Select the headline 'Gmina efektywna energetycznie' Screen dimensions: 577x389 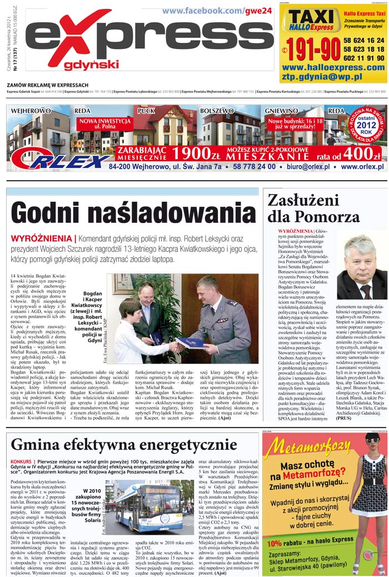tap(124, 445)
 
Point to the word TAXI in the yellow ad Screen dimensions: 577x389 tap(311, 17)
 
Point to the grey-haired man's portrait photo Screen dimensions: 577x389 tap(362, 267)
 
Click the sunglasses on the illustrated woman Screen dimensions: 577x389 tap(372, 440)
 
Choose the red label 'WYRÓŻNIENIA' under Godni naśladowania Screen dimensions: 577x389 tap(41, 238)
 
